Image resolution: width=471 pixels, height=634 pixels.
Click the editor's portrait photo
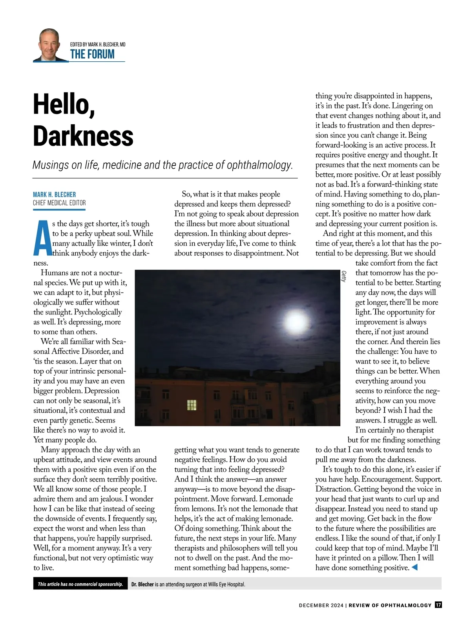point(50,45)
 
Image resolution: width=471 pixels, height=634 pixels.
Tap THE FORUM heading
point(92,54)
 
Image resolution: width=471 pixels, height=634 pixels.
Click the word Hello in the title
point(64,105)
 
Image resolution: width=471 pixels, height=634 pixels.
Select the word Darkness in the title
point(83,136)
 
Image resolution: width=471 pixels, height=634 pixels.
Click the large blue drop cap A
point(42,237)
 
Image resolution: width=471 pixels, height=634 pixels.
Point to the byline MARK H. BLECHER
point(55,195)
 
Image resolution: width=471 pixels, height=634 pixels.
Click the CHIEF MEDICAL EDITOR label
point(59,203)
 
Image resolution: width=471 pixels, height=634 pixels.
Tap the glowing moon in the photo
point(296,322)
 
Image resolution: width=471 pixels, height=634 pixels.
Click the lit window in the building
point(192,405)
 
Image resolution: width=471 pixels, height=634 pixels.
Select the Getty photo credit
point(344,276)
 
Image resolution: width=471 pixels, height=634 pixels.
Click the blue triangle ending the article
point(414,567)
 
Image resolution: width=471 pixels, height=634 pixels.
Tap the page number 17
point(438,605)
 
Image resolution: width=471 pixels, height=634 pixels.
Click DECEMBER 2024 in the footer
point(321,605)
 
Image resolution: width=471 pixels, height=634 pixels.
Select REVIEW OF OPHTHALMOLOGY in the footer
point(390,605)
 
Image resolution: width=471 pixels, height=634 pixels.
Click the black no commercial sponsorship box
point(80,584)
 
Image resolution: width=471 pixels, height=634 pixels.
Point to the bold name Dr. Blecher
point(142,584)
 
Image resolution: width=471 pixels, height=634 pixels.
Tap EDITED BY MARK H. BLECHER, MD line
point(98,44)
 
